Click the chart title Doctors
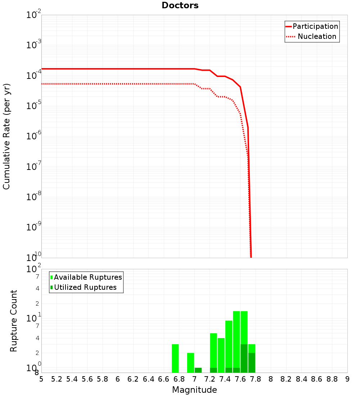[180, 5]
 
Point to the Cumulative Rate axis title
[6, 136]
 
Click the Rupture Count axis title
[14, 321]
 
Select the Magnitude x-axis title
[194, 390]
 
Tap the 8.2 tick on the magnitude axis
[286, 379]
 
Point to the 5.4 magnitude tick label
[72, 379]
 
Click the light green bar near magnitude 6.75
[175, 358]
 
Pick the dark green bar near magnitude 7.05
[198, 370]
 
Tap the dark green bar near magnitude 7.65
[244, 358]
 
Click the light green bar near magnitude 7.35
[221, 355]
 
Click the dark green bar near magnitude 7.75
[252, 363]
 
